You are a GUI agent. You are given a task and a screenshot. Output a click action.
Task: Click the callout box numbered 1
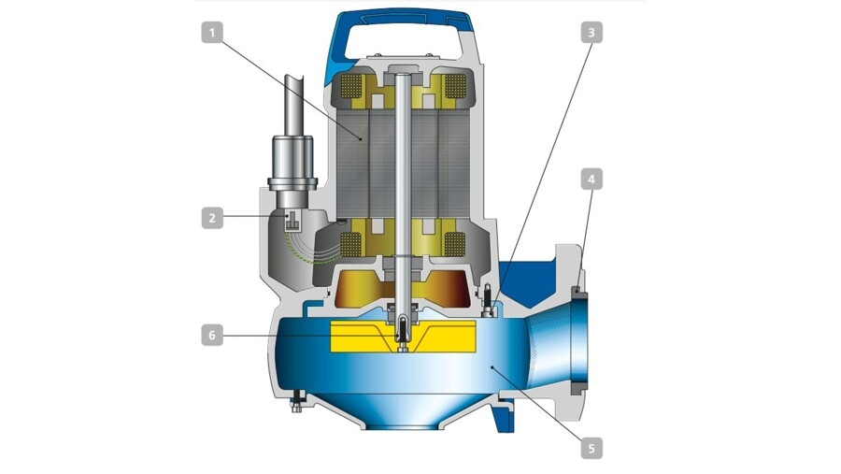(212, 33)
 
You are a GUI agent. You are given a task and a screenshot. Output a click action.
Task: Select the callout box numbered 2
(212, 218)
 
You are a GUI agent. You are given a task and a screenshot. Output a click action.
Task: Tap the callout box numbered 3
(592, 32)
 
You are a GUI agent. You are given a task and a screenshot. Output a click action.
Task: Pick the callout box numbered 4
(592, 180)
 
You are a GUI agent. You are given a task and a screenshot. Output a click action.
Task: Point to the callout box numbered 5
(592, 448)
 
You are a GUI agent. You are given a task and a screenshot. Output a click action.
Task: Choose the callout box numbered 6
(212, 336)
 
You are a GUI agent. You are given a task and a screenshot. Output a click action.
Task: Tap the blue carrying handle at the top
(402, 30)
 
